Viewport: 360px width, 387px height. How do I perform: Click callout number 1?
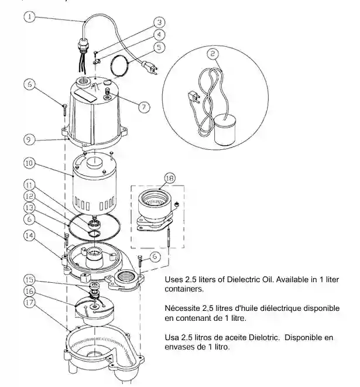click(29, 18)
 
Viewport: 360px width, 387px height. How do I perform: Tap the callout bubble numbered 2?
click(212, 54)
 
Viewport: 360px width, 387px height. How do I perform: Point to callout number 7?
click(143, 107)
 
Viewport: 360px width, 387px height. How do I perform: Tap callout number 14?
click(29, 235)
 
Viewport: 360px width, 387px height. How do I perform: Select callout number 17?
click(29, 303)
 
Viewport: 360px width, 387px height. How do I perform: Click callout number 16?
click(29, 290)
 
